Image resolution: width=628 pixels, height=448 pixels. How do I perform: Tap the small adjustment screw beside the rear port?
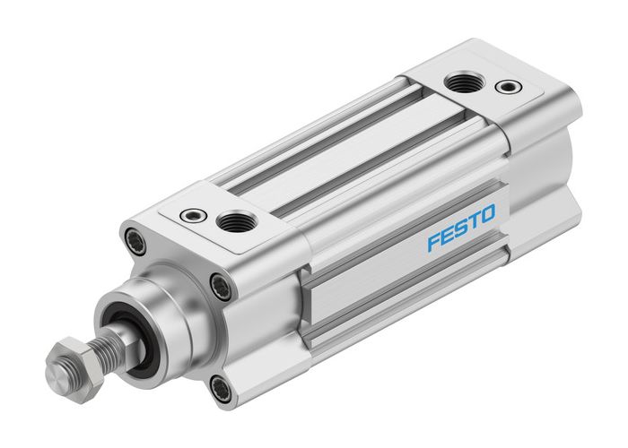coord(510,87)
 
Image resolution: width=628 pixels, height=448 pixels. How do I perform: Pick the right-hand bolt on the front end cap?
coord(219,287)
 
